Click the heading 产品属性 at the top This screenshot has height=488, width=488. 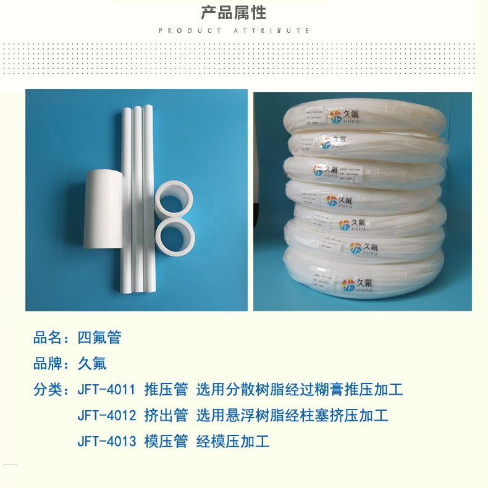click(x=233, y=12)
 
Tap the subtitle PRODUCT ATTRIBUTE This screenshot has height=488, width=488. click(x=234, y=30)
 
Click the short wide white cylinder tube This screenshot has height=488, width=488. click(x=103, y=208)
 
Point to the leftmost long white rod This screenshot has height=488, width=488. click(x=126, y=198)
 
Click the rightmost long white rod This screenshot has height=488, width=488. click(x=148, y=198)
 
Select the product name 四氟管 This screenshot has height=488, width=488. click(x=99, y=338)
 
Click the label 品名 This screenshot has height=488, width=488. click(x=48, y=338)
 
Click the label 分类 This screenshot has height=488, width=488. click(x=48, y=390)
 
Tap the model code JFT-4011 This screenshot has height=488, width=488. click(x=106, y=390)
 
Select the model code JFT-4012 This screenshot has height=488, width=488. click(x=106, y=416)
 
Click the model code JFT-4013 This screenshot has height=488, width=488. click(x=106, y=442)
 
